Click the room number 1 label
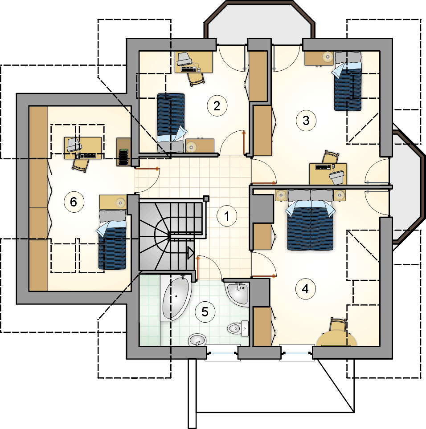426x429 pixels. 226,216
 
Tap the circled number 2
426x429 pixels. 217,105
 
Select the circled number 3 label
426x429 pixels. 306,121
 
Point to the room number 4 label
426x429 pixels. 305,289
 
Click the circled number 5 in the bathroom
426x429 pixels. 205,312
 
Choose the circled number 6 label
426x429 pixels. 74,202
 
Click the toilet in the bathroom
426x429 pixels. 238,328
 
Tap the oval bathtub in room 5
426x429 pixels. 176,298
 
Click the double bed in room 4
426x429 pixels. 310,220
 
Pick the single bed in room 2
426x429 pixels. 171,122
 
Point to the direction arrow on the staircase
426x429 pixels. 190,253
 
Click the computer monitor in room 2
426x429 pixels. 184,59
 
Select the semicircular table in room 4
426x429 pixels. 336,339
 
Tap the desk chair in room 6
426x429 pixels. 81,164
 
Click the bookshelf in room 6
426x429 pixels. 123,152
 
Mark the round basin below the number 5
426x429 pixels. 197,340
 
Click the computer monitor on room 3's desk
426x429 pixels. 337,177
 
